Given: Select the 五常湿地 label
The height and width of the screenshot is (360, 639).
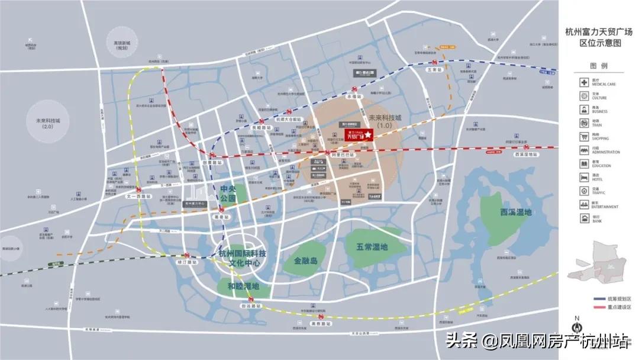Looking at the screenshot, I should (x=372, y=246).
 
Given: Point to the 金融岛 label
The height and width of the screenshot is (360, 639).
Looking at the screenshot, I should (x=306, y=260).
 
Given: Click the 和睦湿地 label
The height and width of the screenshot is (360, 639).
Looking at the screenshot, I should (x=243, y=286).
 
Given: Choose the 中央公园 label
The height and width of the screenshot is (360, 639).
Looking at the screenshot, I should (x=228, y=194).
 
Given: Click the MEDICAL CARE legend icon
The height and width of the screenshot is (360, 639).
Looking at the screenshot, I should (x=584, y=82).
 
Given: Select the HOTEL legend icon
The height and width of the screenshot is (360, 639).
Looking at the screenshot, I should (x=584, y=177).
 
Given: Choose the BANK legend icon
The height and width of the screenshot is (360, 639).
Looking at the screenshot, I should (x=584, y=218).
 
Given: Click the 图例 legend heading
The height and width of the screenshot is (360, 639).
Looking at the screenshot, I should (x=598, y=66).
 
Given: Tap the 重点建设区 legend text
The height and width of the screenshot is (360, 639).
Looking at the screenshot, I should (x=619, y=307).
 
